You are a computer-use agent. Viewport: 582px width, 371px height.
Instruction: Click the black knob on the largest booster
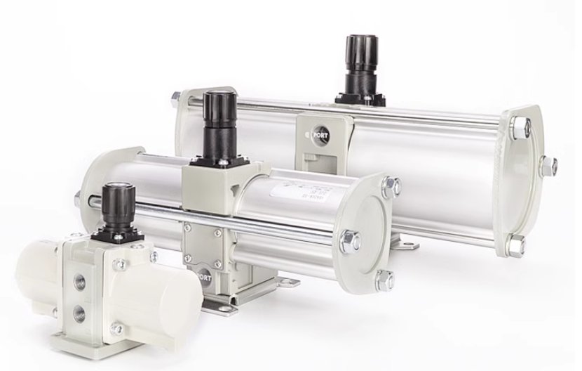click(x=361, y=56)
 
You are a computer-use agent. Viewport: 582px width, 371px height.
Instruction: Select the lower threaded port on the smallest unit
click(x=79, y=312)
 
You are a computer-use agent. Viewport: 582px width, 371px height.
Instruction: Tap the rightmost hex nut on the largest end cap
click(x=548, y=167)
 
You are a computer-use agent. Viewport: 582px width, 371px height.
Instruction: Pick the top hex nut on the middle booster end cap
click(x=391, y=187)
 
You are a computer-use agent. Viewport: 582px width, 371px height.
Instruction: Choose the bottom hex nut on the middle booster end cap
click(x=384, y=280)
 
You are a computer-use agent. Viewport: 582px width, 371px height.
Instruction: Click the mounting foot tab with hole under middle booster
click(x=287, y=282)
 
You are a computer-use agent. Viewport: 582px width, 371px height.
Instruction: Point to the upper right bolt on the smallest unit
click(x=121, y=264)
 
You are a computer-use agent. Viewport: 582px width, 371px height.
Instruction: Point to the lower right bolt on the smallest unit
click(x=117, y=328)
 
